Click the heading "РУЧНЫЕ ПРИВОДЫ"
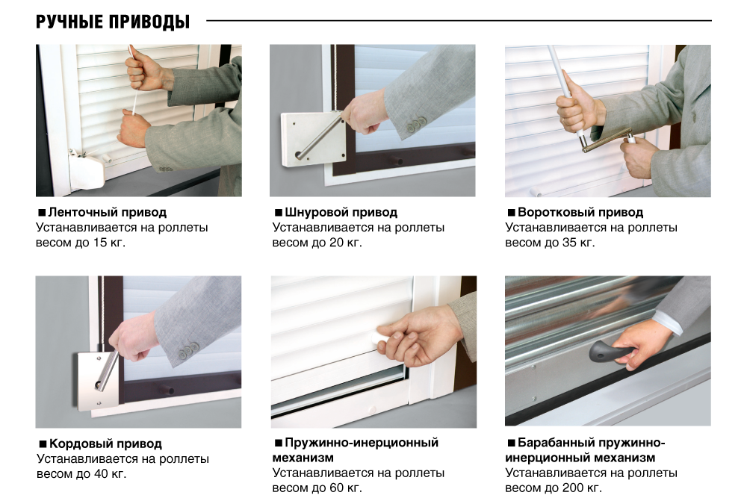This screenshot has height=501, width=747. pos(113,22)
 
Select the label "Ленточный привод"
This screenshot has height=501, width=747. pos(107,212)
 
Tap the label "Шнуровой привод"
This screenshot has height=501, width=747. pos(341,212)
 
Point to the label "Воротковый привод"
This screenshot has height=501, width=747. pos(580,212)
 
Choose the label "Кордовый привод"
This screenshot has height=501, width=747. pos(105,444)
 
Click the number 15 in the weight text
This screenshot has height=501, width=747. pos(100,243)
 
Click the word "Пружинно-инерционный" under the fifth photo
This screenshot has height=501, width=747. pos(362,443)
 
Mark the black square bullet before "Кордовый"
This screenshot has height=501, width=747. pos(43,444)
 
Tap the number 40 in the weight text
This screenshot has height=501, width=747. pos(101,474)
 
